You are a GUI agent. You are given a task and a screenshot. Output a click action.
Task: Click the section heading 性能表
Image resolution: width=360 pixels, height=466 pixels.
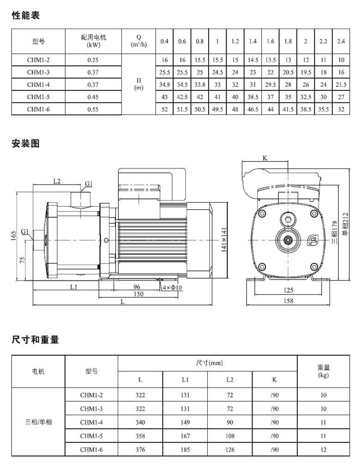coord(25,15)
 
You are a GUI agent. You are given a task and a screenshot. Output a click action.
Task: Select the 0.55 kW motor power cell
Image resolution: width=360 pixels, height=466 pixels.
coord(93,109)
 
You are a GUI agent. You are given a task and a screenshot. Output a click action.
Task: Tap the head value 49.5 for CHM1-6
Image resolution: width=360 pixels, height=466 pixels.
coord(217,109)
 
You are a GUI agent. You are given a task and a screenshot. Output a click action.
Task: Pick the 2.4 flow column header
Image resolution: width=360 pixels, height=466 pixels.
coord(341,42)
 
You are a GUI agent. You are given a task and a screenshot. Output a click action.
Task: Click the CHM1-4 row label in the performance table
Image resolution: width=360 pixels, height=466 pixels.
coord(38,84)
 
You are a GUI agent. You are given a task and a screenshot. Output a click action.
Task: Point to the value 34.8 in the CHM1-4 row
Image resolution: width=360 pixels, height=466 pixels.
coord(164,84)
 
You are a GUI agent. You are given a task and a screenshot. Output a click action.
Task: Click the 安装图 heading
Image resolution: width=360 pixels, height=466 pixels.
coord(25,143)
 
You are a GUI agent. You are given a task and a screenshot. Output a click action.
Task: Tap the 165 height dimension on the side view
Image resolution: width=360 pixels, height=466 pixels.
coord(14,236)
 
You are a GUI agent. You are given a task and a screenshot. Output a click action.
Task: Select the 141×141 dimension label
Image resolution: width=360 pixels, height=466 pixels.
coord(224,240)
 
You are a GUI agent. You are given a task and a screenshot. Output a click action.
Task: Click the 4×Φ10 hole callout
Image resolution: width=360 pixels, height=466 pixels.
coord(172,288)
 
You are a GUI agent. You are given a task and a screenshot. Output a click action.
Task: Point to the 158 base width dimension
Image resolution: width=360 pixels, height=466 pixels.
coord(288,301)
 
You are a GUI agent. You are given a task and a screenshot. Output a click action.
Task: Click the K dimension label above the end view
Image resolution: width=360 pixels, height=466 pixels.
coord(265,158)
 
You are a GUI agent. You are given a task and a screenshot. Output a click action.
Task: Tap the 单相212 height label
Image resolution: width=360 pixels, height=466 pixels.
coord(345,224)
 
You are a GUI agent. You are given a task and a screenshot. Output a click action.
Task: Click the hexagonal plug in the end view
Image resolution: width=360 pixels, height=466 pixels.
coord(288,220)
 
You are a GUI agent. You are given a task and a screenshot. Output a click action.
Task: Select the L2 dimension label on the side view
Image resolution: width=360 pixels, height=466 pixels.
coord(57,181)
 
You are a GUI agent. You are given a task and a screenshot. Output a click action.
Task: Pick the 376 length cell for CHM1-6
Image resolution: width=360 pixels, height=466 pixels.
coord(140,450)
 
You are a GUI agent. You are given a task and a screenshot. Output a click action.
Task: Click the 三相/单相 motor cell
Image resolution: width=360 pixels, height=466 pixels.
coord(38,422)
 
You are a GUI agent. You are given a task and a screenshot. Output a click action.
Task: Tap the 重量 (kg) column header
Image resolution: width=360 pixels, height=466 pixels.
coord(324,371)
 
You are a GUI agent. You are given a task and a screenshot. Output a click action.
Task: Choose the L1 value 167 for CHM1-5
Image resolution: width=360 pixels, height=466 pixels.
coord(185,436)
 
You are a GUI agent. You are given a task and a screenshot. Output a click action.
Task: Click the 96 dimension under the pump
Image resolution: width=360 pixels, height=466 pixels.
coord(137,287)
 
